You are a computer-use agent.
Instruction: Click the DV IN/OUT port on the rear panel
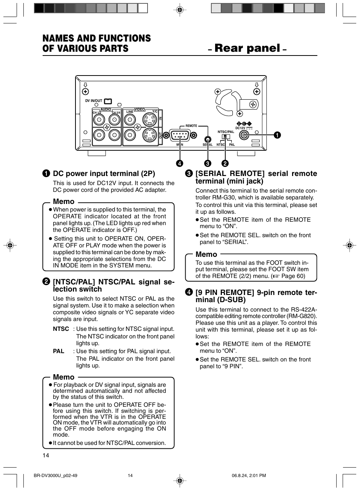click(108, 101)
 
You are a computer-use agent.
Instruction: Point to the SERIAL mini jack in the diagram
click(207, 140)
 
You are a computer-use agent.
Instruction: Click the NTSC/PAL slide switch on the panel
click(226, 137)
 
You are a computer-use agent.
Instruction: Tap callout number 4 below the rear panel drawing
click(180, 163)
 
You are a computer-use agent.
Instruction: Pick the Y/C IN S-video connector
click(150, 120)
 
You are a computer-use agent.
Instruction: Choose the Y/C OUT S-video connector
click(150, 135)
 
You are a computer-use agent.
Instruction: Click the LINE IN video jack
click(129, 120)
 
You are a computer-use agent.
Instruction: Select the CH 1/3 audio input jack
click(99, 120)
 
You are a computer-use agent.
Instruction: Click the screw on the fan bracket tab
click(253, 105)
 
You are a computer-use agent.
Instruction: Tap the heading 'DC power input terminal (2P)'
click(104, 174)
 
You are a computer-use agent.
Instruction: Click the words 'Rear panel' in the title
click(247, 48)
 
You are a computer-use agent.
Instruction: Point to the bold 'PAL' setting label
click(58, 351)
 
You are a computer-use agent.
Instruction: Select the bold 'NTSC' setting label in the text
click(61, 329)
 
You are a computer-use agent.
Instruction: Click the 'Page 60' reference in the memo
click(293, 276)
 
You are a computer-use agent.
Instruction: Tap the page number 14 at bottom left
click(46, 455)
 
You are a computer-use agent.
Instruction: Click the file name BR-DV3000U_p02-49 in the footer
click(55, 476)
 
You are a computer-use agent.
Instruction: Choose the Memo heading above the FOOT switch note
click(206, 255)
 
